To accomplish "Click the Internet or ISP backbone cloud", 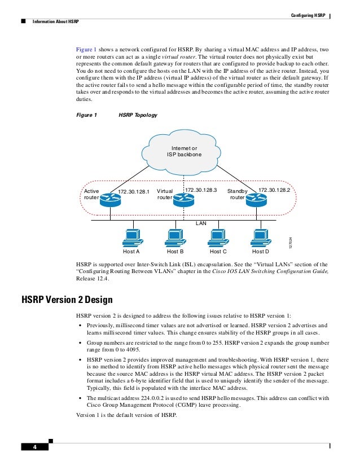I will (181, 151).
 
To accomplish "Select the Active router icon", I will (108, 197).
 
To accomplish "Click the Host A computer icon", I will (131, 239).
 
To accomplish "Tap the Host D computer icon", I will (260, 239).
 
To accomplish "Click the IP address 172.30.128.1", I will (133, 192).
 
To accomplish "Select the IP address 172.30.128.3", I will (201, 190).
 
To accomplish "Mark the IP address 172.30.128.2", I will (274, 190).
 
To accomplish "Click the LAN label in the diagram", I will (201, 223).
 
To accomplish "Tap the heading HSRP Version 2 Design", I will (67, 299).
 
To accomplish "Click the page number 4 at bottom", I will (34, 447).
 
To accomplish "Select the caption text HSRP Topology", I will (138, 115).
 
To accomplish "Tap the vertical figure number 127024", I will (290, 241).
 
